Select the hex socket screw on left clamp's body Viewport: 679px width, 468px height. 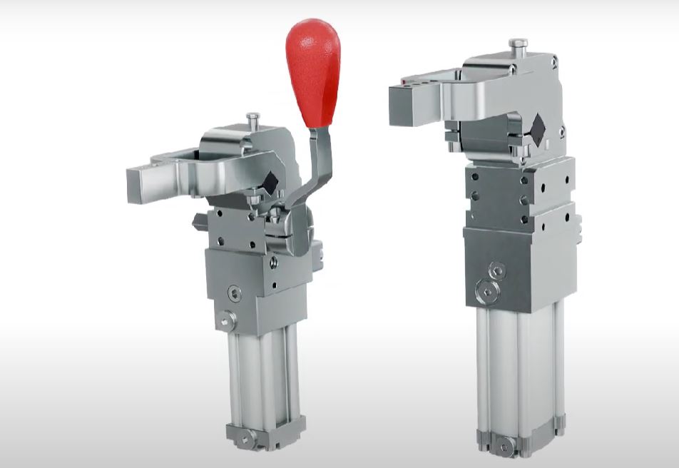click(x=234, y=293)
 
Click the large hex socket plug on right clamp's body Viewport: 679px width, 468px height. click(x=487, y=290)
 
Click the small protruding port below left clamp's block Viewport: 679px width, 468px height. click(x=226, y=322)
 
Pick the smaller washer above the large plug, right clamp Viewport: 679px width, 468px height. click(x=497, y=269)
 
